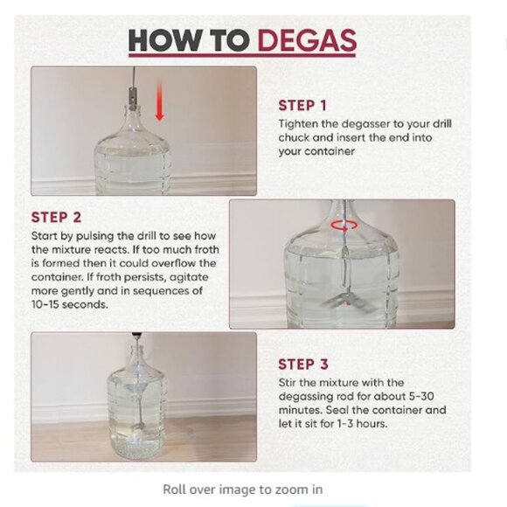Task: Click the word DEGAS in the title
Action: pyautogui.click(x=307, y=40)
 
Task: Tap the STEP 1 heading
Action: pyautogui.click(x=302, y=106)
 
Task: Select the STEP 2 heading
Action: pyautogui.click(x=56, y=218)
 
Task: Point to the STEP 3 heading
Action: pyautogui.click(x=303, y=365)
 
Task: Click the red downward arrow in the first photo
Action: pyautogui.click(x=159, y=101)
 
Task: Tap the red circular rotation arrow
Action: pyautogui.click(x=344, y=226)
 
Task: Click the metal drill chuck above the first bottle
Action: pyautogui.click(x=132, y=96)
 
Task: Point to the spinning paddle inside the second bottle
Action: pyautogui.click(x=348, y=302)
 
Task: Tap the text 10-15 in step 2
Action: pyautogui.click(x=45, y=304)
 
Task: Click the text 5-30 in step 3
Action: pyautogui.click(x=421, y=396)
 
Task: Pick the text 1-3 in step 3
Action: pyautogui.click(x=344, y=424)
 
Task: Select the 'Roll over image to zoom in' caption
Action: pyautogui.click(x=243, y=490)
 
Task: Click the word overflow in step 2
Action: pyautogui.click(x=174, y=263)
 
